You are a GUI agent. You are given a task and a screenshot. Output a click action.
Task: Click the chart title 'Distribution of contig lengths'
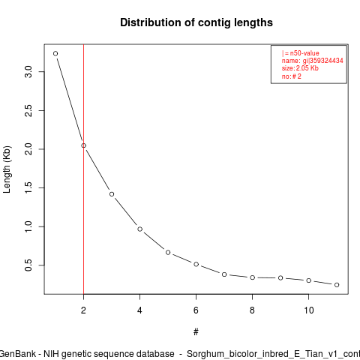(196, 22)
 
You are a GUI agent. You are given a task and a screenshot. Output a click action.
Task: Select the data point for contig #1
(55, 53)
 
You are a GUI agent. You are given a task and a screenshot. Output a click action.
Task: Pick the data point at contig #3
(112, 194)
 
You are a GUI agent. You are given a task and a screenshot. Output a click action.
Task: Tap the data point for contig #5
(168, 253)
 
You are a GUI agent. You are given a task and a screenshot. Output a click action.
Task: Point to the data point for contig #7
(224, 274)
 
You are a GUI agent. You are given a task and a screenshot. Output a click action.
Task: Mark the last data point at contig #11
(337, 285)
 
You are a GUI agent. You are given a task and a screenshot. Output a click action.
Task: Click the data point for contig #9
(280, 277)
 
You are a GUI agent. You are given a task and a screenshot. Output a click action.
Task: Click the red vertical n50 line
(83, 169)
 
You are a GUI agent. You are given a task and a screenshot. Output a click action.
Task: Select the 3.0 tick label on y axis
(28, 72)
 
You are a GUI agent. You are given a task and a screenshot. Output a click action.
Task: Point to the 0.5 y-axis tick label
(28, 265)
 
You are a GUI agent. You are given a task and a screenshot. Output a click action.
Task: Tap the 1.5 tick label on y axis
(28, 187)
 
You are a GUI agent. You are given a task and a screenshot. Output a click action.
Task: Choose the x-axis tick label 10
(309, 310)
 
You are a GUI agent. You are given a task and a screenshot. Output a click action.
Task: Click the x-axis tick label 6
(196, 310)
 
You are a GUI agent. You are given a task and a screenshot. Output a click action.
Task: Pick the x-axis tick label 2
(83, 310)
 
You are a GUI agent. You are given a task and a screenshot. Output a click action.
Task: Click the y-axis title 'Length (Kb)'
(7, 169)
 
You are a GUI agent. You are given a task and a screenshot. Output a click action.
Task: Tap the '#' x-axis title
(196, 332)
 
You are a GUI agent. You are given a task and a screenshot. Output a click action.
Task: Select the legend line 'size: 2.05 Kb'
(300, 68)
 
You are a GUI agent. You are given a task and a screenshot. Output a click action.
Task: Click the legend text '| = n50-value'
(300, 53)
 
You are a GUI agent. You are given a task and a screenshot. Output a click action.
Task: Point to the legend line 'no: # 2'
(292, 76)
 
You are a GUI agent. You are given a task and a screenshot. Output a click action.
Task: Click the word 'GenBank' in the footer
(17, 354)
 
